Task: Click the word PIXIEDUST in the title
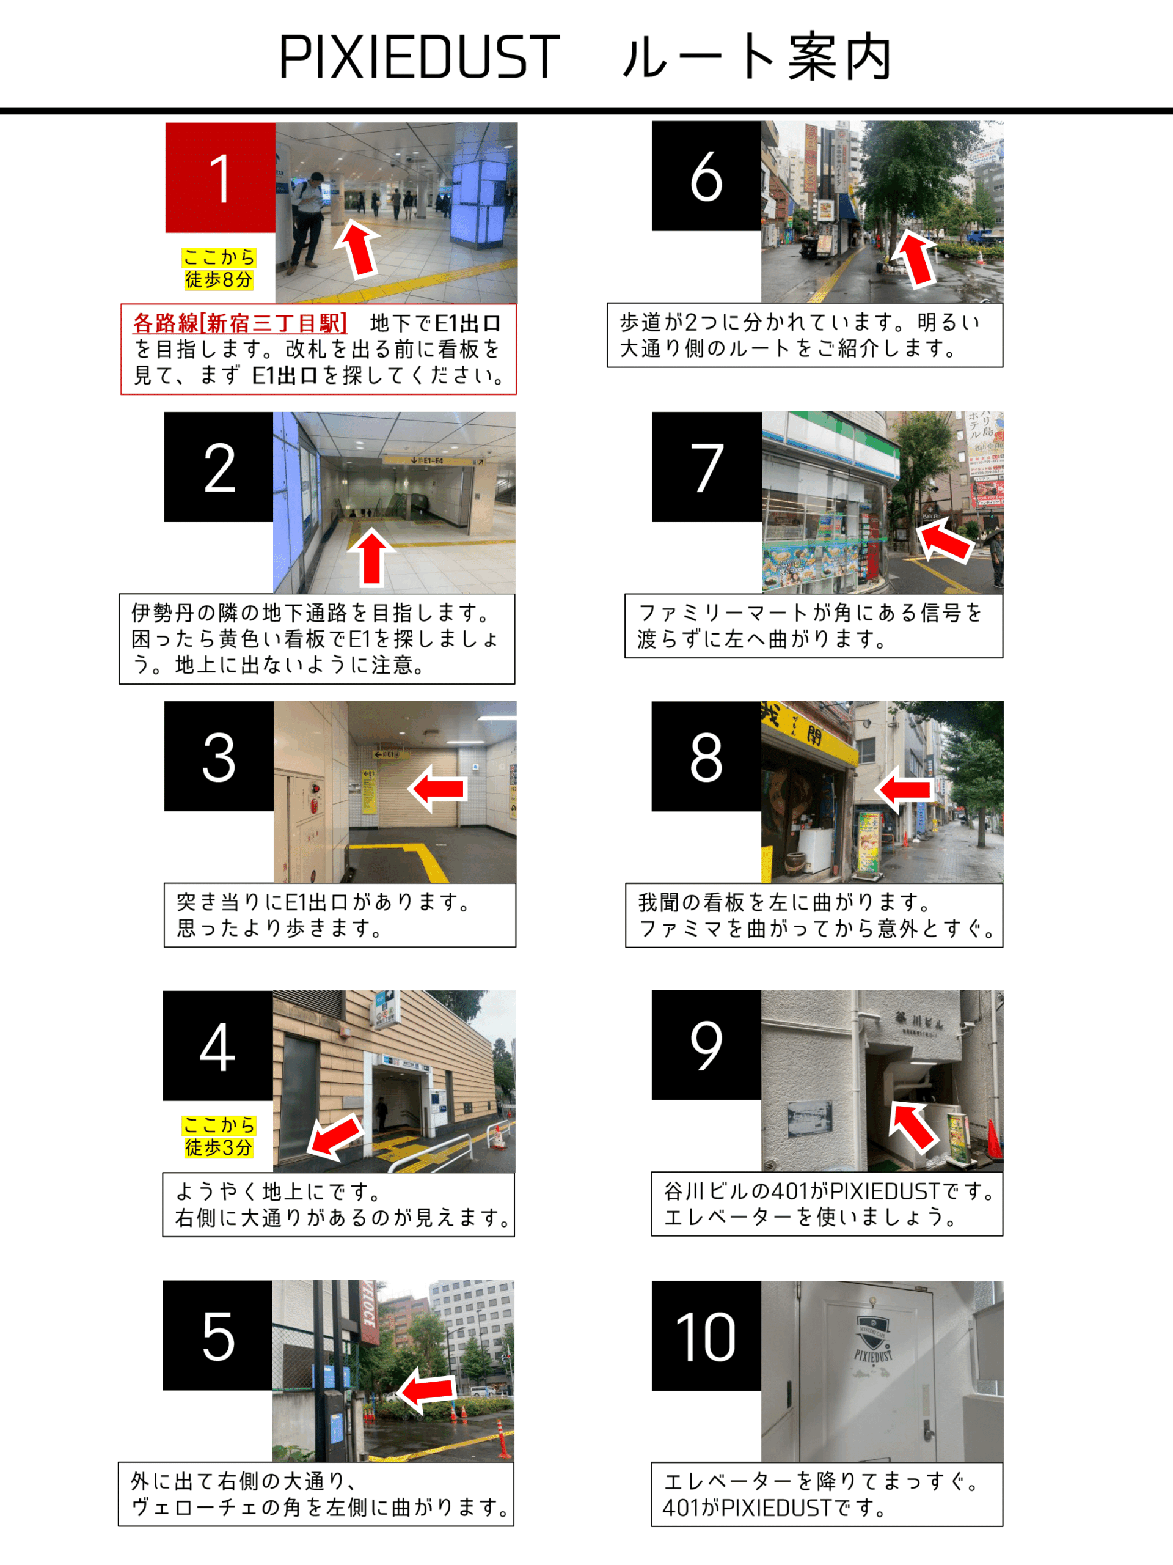tap(419, 57)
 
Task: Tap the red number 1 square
tap(220, 177)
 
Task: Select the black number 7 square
tap(706, 467)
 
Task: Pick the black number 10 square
tap(706, 1336)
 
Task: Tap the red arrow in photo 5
tap(426, 1390)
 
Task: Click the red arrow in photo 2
tap(372, 558)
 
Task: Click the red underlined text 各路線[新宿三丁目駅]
tap(239, 323)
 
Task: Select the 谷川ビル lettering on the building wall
tap(919, 1020)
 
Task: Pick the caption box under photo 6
tap(805, 336)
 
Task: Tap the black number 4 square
tap(217, 1046)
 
